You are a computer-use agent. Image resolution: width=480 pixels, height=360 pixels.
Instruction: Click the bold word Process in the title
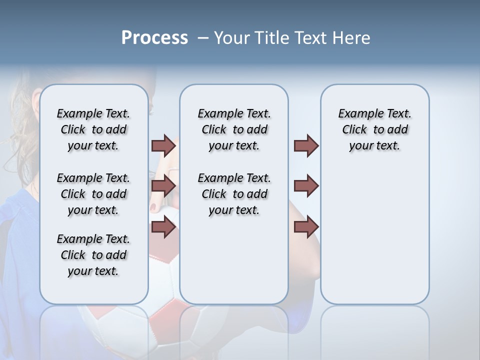coord(154,37)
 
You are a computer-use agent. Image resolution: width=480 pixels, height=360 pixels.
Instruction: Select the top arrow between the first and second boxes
coord(163,145)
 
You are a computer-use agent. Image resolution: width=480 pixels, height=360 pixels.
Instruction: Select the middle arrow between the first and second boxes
coord(163,186)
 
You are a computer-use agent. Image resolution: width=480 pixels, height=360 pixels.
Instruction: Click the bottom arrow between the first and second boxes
coord(163,226)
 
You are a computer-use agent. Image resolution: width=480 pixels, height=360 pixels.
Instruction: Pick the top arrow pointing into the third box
coord(306,145)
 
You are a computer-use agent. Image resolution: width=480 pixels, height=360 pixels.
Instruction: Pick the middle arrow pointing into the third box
coord(306,186)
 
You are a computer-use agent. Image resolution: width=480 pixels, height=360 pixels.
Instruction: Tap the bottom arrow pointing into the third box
coord(306,226)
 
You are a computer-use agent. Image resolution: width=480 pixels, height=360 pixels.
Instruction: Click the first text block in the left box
coord(93,129)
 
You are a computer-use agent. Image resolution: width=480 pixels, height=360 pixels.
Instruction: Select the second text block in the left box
coord(93,194)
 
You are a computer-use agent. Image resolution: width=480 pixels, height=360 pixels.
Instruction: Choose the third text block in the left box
coord(93,255)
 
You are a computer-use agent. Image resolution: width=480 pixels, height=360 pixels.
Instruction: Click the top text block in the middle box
coord(234,129)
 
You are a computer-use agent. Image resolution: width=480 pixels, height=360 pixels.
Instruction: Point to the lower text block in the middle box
coord(234,194)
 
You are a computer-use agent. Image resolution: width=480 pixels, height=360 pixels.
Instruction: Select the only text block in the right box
coord(374,129)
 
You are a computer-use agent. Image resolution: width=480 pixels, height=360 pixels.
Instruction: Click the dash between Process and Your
coord(202,37)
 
